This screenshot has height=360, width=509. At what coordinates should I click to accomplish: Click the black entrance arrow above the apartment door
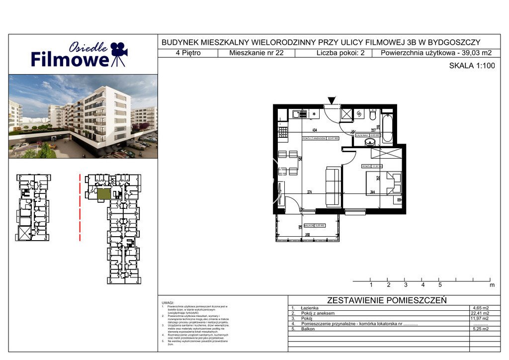pyautogui.click(x=332, y=100)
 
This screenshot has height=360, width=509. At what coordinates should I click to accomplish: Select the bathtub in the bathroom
pyautogui.click(x=388, y=127)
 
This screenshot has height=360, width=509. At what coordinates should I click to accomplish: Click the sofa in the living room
pyautogui.click(x=333, y=186)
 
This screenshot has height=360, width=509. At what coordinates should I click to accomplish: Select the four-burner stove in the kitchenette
pyautogui.click(x=283, y=132)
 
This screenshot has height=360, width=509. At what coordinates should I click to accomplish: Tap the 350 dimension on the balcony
pyautogui.click(x=308, y=234)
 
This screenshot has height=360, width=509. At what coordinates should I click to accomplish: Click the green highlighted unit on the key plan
pyautogui.click(x=103, y=194)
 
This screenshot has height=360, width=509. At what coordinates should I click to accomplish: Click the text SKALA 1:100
pyautogui.click(x=472, y=66)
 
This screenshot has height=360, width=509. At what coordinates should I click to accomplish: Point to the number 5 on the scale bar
pyautogui.click(x=440, y=285)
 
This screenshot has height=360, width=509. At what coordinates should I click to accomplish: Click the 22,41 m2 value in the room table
pyautogui.click(x=479, y=313)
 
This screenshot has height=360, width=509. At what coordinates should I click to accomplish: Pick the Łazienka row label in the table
pyautogui.click(x=310, y=308)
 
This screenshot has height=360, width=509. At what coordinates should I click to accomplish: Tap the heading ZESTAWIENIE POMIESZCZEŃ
pyautogui.click(x=387, y=300)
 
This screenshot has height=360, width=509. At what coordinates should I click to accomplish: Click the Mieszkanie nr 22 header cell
pyautogui.click(x=256, y=53)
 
